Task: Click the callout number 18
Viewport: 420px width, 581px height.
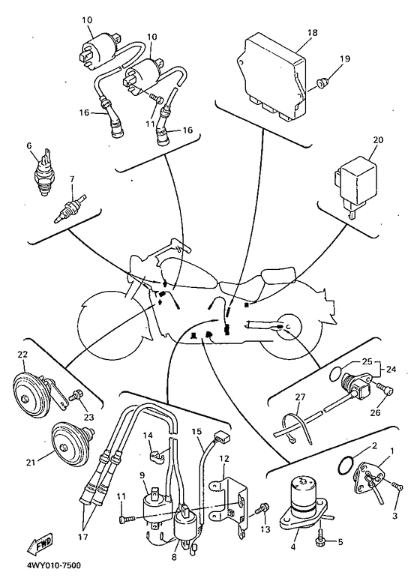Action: (x=313, y=32)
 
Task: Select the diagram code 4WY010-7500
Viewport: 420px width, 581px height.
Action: (x=53, y=565)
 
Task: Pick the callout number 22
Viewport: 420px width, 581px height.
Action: (x=22, y=355)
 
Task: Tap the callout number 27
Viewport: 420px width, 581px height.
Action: (x=300, y=397)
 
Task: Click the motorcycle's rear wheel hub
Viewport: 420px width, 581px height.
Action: (x=289, y=326)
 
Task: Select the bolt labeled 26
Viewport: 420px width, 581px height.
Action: (x=386, y=388)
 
